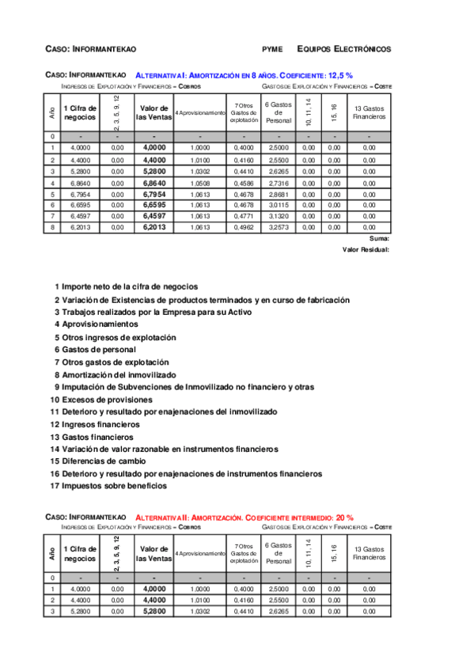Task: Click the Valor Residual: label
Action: (x=366, y=249)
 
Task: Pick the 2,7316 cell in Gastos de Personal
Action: (x=279, y=182)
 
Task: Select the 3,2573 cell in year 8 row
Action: (x=279, y=227)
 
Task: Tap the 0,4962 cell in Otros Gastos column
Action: (x=244, y=227)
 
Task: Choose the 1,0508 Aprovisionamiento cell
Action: (x=200, y=182)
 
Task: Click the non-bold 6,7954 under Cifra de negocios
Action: (x=80, y=193)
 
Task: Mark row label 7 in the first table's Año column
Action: (x=52, y=216)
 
